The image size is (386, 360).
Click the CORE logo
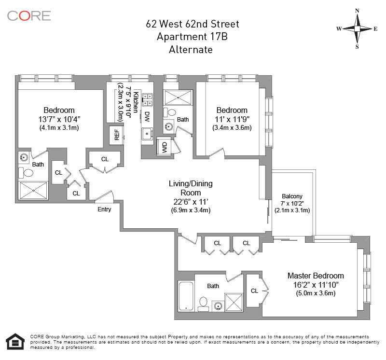29,16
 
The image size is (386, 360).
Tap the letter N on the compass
357,11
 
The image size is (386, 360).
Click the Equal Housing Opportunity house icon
15,341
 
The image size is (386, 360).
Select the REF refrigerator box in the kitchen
117,135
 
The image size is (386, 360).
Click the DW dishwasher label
147,117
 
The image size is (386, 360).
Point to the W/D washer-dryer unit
165,148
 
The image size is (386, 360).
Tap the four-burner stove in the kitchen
147,100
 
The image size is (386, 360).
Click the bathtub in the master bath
186,296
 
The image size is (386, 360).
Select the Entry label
104,209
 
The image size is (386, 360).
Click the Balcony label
292,196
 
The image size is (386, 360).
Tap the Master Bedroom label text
316,276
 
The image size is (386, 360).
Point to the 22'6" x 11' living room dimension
191,202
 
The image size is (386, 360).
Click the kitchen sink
147,134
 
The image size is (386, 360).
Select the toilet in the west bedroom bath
26,172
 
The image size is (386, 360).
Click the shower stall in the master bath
234,302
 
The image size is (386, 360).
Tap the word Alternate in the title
191,50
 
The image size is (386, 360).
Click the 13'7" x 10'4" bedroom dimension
59,119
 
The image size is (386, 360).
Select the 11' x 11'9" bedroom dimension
232,119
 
